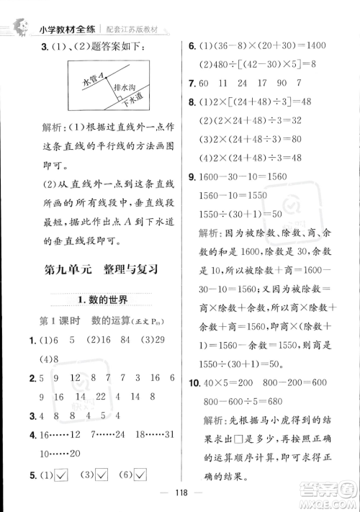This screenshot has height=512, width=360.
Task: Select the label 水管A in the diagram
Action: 96,78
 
